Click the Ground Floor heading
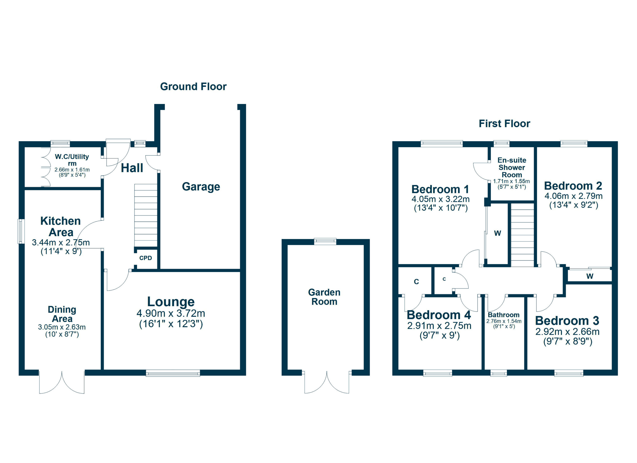(x=193, y=87)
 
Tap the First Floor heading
(x=504, y=124)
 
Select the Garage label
(x=201, y=186)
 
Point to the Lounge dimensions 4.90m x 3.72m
(x=171, y=313)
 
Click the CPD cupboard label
(x=146, y=258)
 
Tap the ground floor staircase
(x=146, y=215)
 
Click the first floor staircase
(x=522, y=235)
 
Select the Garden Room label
(x=324, y=297)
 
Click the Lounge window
(x=173, y=373)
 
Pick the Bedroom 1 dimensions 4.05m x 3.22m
(x=440, y=199)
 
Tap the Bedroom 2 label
(x=573, y=186)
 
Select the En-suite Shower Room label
(x=512, y=168)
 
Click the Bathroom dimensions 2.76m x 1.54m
(x=504, y=321)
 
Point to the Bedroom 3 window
(x=569, y=373)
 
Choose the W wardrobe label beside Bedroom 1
(x=497, y=233)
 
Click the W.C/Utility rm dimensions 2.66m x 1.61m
(x=72, y=170)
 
